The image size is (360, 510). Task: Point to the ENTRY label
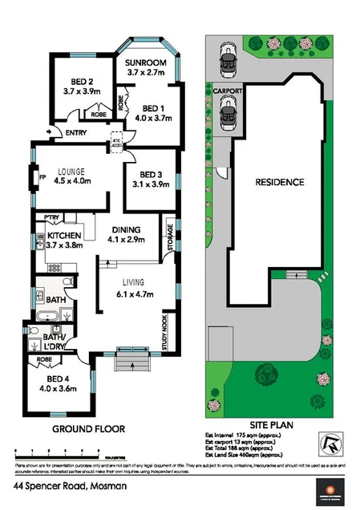(x=76, y=132)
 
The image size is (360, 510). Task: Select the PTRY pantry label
(x=53, y=217)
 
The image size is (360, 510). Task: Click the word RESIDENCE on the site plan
(x=279, y=183)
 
